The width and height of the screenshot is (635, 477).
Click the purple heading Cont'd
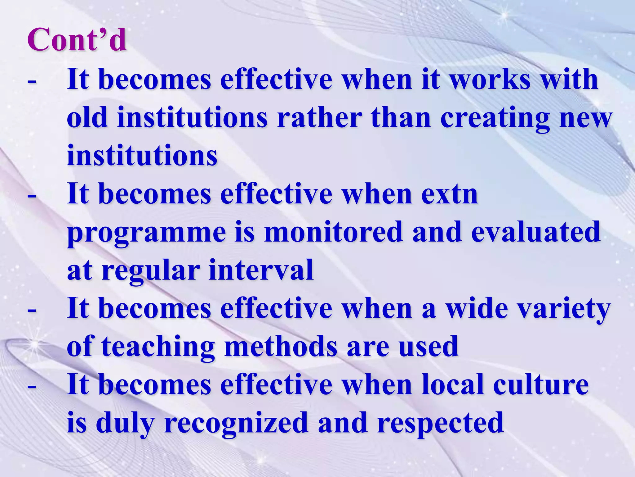[x=77, y=40]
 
